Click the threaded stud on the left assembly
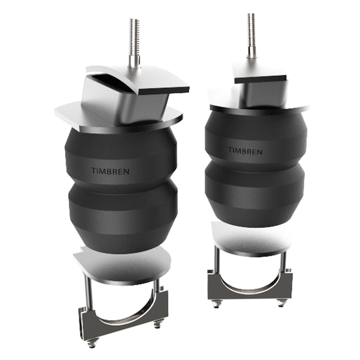pos(134,41)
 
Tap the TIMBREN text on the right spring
pos(245,151)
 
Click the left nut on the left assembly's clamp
pos(93,343)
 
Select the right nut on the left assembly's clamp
pos(158,323)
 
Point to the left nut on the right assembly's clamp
pos(217,304)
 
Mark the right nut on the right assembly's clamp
pos(281,302)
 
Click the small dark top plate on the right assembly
pos(260,79)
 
